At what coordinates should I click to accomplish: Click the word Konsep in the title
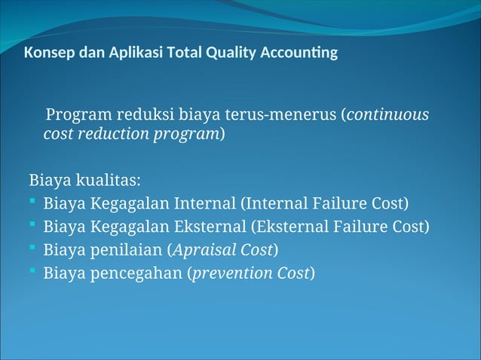click(47, 53)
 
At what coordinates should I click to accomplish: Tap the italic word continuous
click(388, 115)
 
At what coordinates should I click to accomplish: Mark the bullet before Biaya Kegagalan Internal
click(33, 203)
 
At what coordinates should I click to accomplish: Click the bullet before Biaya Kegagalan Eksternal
click(33, 226)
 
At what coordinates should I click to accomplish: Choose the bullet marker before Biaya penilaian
click(33, 249)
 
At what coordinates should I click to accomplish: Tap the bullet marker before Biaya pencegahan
click(33, 272)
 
